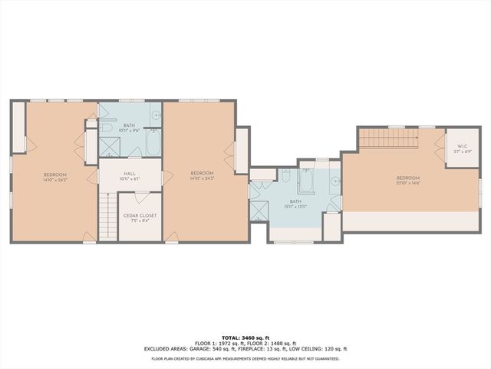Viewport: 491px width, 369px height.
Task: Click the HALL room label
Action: click(129, 174)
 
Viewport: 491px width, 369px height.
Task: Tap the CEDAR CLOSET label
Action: click(140, 215)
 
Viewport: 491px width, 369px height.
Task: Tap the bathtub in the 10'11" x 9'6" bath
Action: click(152, 145)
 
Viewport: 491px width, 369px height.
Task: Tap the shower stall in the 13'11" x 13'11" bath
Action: click(259, 210)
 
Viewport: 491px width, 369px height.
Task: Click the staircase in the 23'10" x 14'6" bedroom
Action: click(387, 138)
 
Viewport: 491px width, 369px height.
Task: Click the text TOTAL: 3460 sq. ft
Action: click(245, 337)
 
